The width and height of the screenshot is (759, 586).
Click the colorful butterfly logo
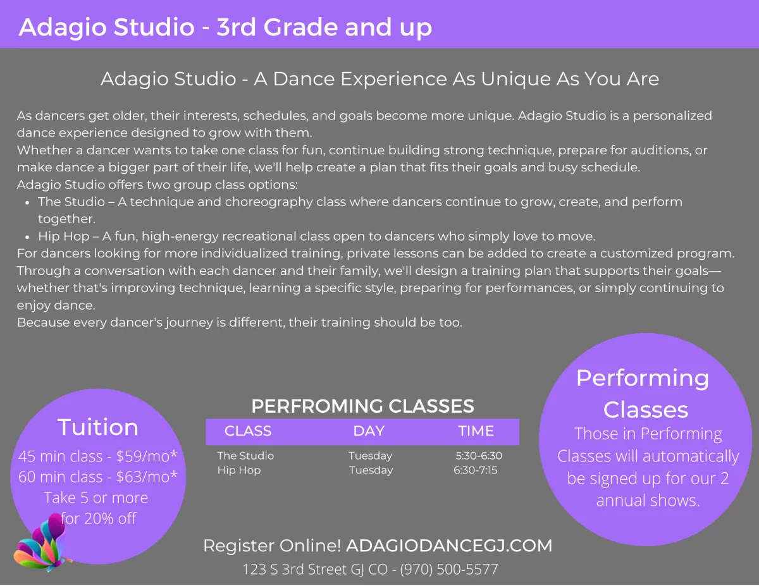pos(42,543)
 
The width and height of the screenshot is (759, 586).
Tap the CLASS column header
pos(248,431)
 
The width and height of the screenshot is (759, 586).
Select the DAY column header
pos(369,431)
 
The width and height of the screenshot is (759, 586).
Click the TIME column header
pos(476,431)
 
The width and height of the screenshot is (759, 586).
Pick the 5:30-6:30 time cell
pos(479,456)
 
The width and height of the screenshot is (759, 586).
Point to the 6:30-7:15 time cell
pos(475,470)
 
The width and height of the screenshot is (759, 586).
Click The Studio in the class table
pos(245,456)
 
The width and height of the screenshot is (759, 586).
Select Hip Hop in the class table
pos(239,470)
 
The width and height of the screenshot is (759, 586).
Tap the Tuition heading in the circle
pos(98,427)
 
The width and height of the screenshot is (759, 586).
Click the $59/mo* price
pos(147,456)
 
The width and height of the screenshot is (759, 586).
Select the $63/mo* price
pos(147,477)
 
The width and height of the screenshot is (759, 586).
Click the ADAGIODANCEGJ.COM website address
pos(449,546)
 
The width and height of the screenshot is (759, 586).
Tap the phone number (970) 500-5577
pos(449,569)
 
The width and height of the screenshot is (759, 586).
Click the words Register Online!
pos(272,546)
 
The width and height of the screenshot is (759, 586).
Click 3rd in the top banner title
pos(236,27)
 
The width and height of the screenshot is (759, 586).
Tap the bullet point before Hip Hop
pos(27,237)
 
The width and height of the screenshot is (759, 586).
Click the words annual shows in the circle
pos(648,500)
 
